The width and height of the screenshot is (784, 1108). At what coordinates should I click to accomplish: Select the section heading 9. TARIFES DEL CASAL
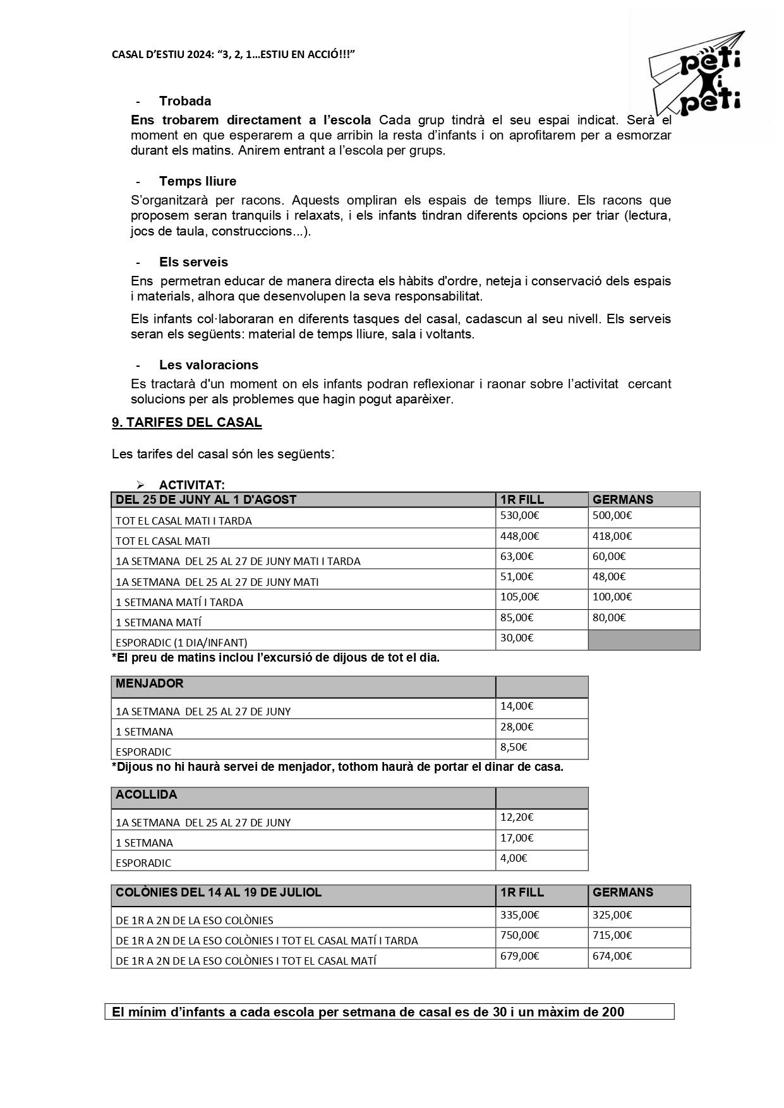coord(186,423)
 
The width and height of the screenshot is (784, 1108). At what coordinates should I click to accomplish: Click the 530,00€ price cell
coord(519,515)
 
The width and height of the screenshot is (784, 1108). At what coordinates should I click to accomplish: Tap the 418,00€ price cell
coord(612,536)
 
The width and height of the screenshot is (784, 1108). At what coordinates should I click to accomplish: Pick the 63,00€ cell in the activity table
coord(517,556)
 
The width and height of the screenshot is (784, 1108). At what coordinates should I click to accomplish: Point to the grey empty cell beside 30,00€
coord(644,640)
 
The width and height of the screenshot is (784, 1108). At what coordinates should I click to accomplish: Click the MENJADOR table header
coord(150,684)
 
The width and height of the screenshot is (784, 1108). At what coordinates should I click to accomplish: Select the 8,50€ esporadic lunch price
coord(514,747)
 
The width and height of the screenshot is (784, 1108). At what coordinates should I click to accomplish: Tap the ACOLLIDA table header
coord(147,795)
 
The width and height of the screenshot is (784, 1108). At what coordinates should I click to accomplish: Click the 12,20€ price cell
coord(517,817)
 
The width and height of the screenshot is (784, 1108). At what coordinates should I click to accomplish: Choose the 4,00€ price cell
coord(514,858)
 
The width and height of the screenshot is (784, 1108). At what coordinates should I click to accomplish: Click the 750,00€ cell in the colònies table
coord(519,935)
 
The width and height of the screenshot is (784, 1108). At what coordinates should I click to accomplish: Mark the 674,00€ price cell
coord(612,956)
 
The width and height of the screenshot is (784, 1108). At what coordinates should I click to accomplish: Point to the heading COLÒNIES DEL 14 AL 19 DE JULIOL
coord(219,893)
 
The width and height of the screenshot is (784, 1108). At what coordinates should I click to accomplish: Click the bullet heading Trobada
coord(185,101)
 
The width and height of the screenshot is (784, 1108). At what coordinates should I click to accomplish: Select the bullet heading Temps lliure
coord(198,181)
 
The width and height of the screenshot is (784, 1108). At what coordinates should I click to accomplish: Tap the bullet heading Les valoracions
coord(208,365)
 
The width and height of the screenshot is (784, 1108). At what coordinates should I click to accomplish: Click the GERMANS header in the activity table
coord(623,499)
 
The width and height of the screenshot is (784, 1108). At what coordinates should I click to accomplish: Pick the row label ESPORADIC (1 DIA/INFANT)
coord(181,643)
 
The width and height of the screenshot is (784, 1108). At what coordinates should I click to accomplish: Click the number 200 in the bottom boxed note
coord(613,1012)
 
